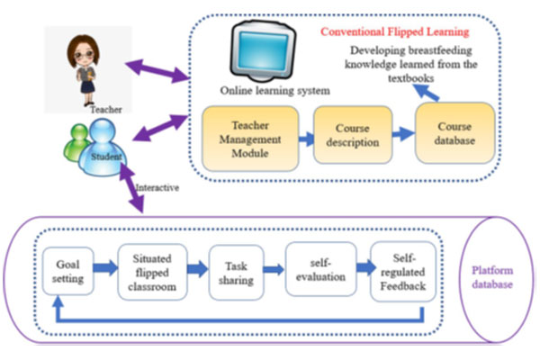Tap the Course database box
coord(454,133)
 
